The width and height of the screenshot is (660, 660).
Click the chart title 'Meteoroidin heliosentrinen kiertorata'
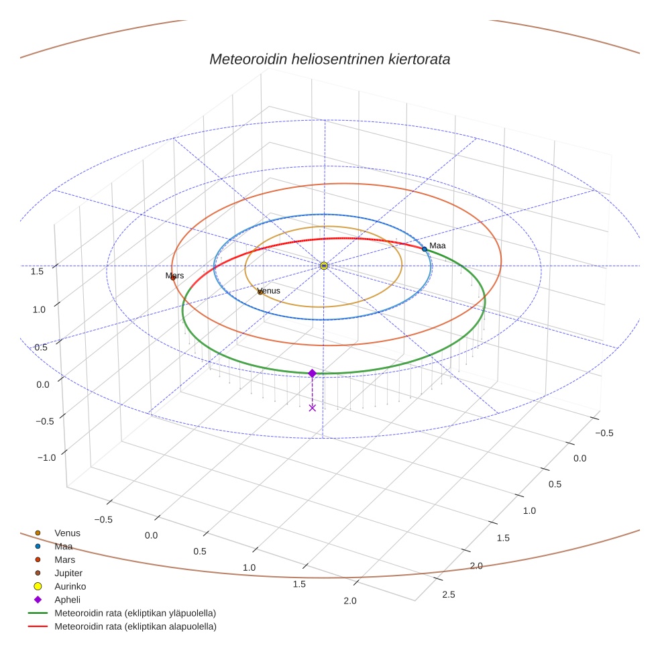[x=329, y=59]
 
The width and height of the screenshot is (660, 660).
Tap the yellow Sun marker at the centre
[x=324, y=266]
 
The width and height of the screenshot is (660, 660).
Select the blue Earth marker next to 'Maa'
[x=424, y=249]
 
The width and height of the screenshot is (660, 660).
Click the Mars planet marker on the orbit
[x=173, y=277]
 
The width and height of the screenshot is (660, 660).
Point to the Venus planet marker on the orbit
[x=260, y=292]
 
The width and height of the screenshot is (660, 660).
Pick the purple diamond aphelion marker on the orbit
[x=312, y=373]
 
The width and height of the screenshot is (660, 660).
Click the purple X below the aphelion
[x=313, y=407]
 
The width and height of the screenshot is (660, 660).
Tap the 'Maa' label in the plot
[x=437, y=245]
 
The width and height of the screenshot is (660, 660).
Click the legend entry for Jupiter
[x=68, y=573]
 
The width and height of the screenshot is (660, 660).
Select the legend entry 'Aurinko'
[x=70, y=586]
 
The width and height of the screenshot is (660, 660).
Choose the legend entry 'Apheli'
[x=67, y=600]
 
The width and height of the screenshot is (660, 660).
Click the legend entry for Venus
[x=67, y=533]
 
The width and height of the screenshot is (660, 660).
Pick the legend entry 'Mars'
[x=65, y=559]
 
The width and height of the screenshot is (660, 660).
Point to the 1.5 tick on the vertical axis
[x=38, y=271]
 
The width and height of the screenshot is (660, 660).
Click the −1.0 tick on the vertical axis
[x=46, y=457]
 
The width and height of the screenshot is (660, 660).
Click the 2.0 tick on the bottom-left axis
[x=349, y=600]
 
